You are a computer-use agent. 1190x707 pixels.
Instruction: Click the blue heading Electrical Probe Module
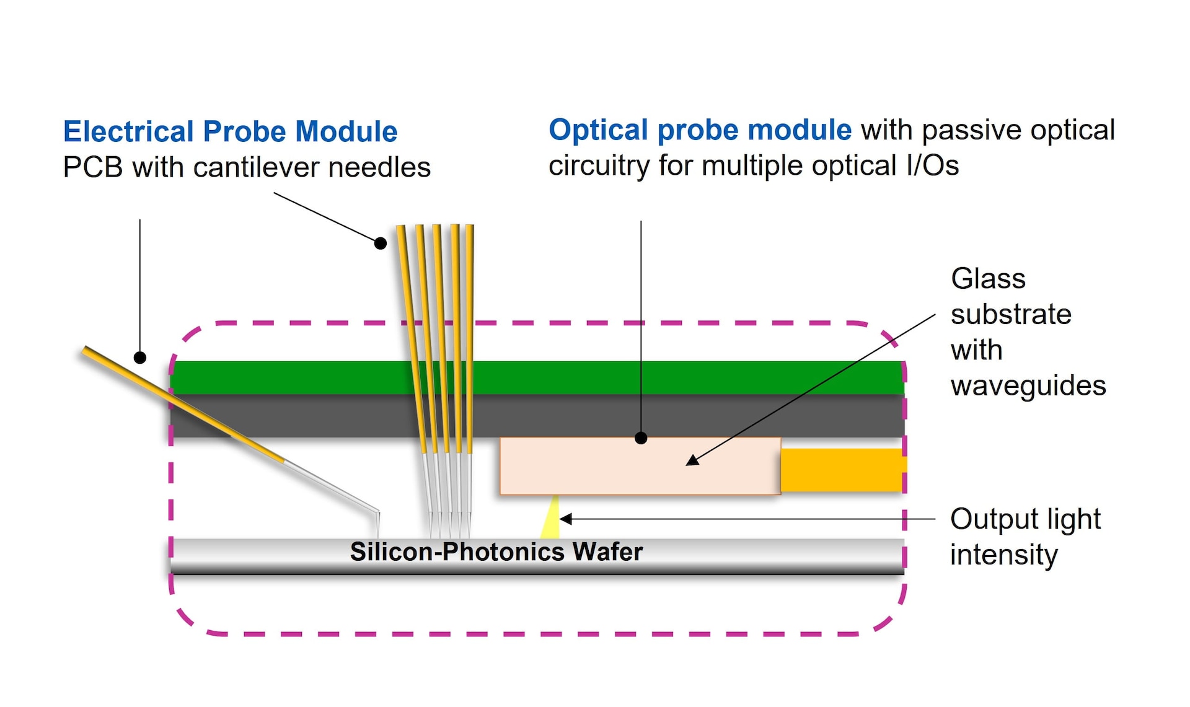point(230,131)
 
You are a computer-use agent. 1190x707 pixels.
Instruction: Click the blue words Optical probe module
point(700,130)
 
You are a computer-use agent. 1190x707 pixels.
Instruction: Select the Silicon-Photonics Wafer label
point(496,551)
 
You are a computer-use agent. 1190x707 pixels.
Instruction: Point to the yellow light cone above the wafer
point(551,517)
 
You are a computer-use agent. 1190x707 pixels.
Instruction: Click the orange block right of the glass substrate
point(843,470)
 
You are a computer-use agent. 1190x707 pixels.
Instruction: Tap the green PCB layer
point(537,377)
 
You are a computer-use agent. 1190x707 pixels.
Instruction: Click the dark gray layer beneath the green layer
point(537,416)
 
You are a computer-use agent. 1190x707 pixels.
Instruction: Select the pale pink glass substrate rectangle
point(640,466)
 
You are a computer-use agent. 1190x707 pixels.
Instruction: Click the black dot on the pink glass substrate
point(641,439)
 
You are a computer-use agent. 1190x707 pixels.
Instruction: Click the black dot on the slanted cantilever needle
point(140,358)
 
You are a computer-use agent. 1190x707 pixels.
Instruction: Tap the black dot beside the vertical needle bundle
point(381,244)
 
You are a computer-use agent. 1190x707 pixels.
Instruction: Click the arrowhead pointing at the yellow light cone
point(566,519)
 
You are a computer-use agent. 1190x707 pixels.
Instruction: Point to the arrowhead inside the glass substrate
point(693,460)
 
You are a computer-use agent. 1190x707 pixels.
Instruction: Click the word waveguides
point(1028,385)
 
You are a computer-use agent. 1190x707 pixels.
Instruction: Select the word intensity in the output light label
point(1004,555)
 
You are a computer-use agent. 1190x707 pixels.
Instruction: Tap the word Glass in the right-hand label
point(989,279)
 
